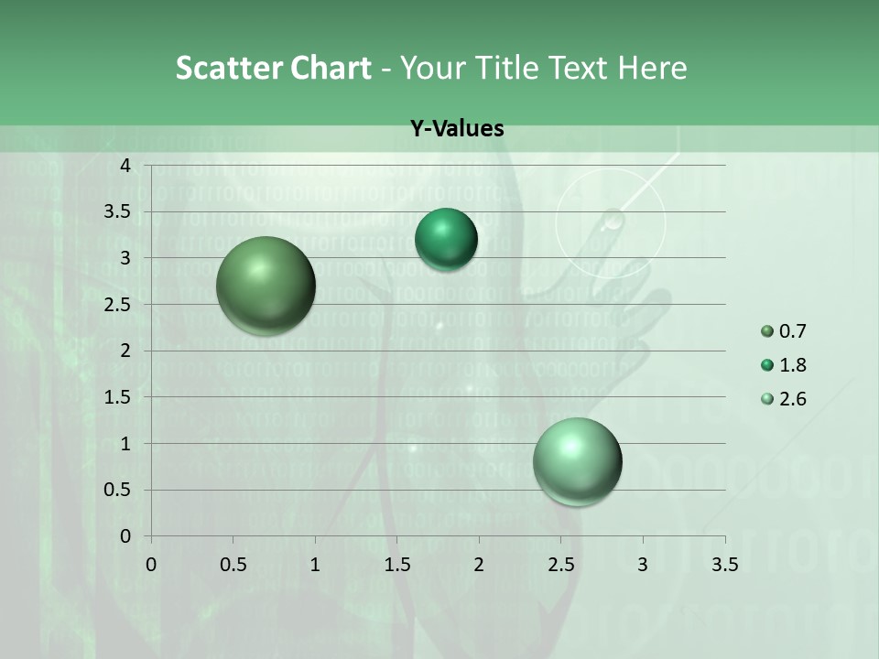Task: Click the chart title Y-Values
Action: tap(457, 129)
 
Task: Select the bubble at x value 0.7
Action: tap(266, 286)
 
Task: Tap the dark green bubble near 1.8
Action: tap(446, 240)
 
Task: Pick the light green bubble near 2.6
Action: tap(577, 461)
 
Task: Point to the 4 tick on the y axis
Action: tap(125, 166)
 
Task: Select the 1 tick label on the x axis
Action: tap(315, 565)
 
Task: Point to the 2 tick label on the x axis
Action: tap(479, 565)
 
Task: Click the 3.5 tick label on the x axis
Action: tap(725, 565)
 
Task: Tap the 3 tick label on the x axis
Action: tap(643, 565)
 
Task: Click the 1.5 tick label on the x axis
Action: tap(396, 565)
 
